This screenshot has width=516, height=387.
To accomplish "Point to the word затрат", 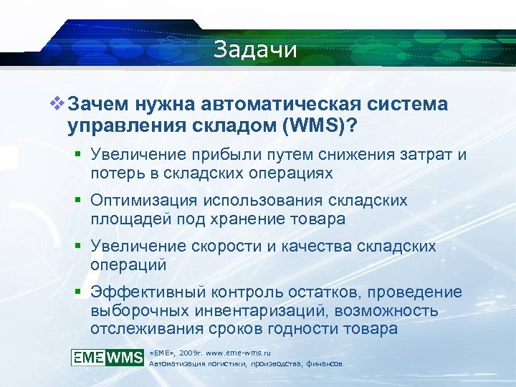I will click(x=422, y=156).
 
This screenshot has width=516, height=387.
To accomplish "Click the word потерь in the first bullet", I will click(x=115, y=173).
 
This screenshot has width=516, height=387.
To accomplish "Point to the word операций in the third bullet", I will click(x=128, y=264).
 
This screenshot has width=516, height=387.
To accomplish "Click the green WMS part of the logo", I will click(x=125, y=358).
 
